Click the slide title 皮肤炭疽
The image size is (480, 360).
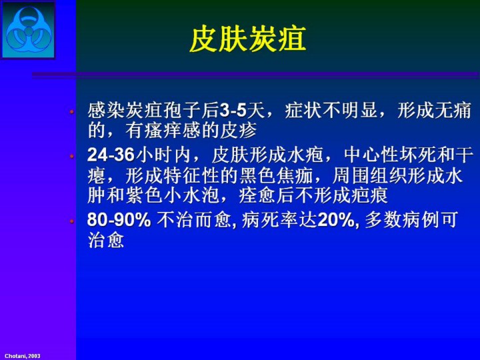[x=247, y=39]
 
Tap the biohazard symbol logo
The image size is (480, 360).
[x=29, y=29]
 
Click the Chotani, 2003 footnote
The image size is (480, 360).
[x=23, y=356]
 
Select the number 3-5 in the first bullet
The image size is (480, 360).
[x=233, y=111]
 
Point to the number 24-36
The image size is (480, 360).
[x=111, y=155]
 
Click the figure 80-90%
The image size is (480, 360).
[x=119, y=219]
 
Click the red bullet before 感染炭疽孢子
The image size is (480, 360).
[x=72, y=112]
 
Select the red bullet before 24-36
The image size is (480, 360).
[x=72, y=157]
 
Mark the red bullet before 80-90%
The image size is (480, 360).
[x=72, y=221]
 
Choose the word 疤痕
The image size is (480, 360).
[x=369, y=196]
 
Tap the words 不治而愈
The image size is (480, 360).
[x=194, y=220]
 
